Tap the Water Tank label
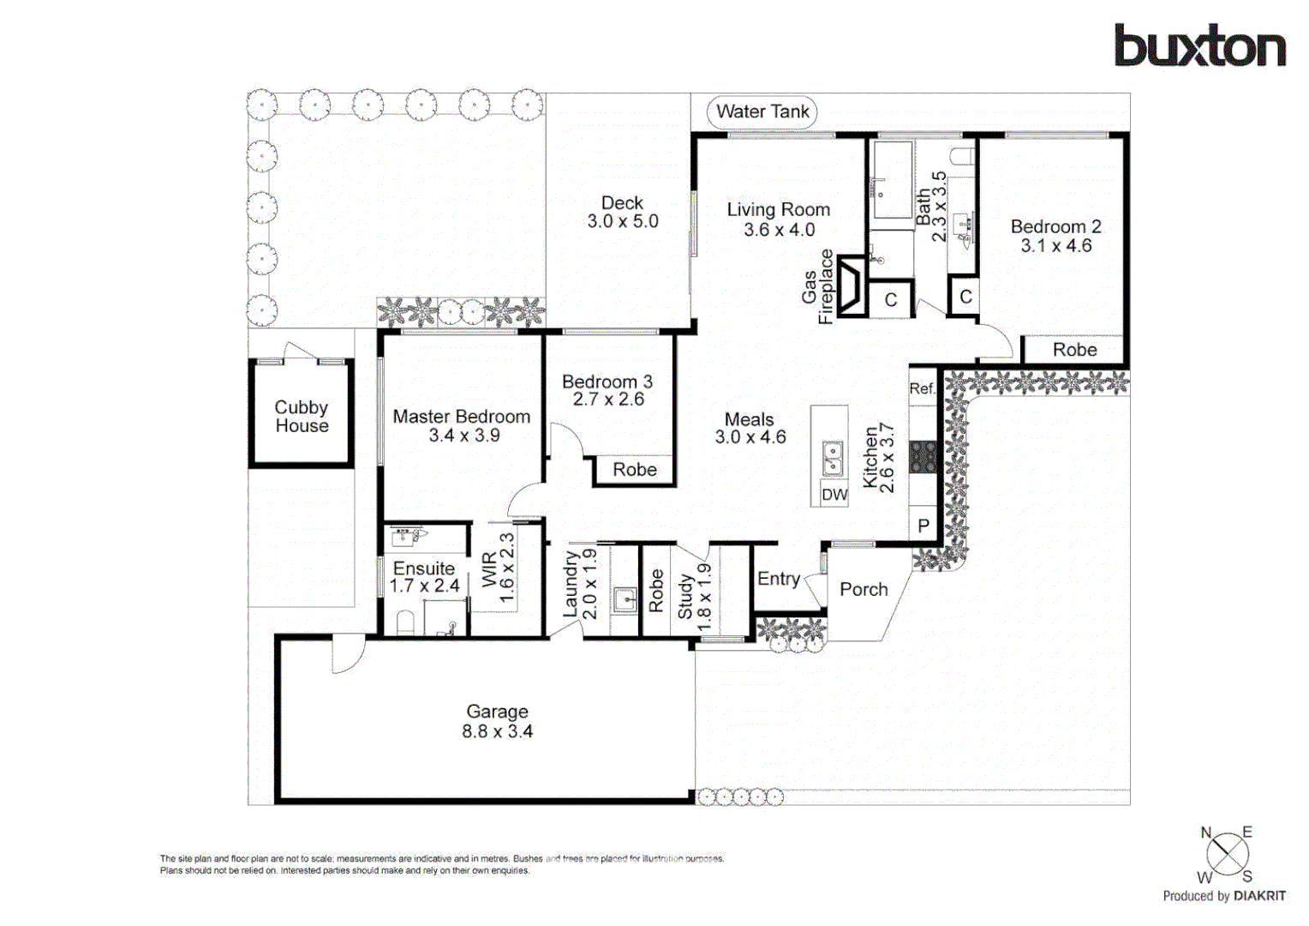point(762,112)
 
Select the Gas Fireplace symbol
point(852,286)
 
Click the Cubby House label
point(302,417)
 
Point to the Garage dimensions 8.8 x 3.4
point(497,732)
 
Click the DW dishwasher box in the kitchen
point(834,495)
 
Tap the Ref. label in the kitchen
point(922,388)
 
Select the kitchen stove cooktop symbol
point(923,457)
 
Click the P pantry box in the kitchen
point(923,526)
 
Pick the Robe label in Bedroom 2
point(1074,350)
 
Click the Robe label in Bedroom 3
point(635,470)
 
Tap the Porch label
point(864,590)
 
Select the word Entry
point(778,580)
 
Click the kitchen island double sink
point(831,459)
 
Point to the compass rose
point(1227,854)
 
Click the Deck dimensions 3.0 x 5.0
point(623,221)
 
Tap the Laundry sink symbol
point(625,599)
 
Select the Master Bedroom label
point(461,417)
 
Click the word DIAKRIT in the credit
point(1259,896)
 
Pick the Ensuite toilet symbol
point(404,622)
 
